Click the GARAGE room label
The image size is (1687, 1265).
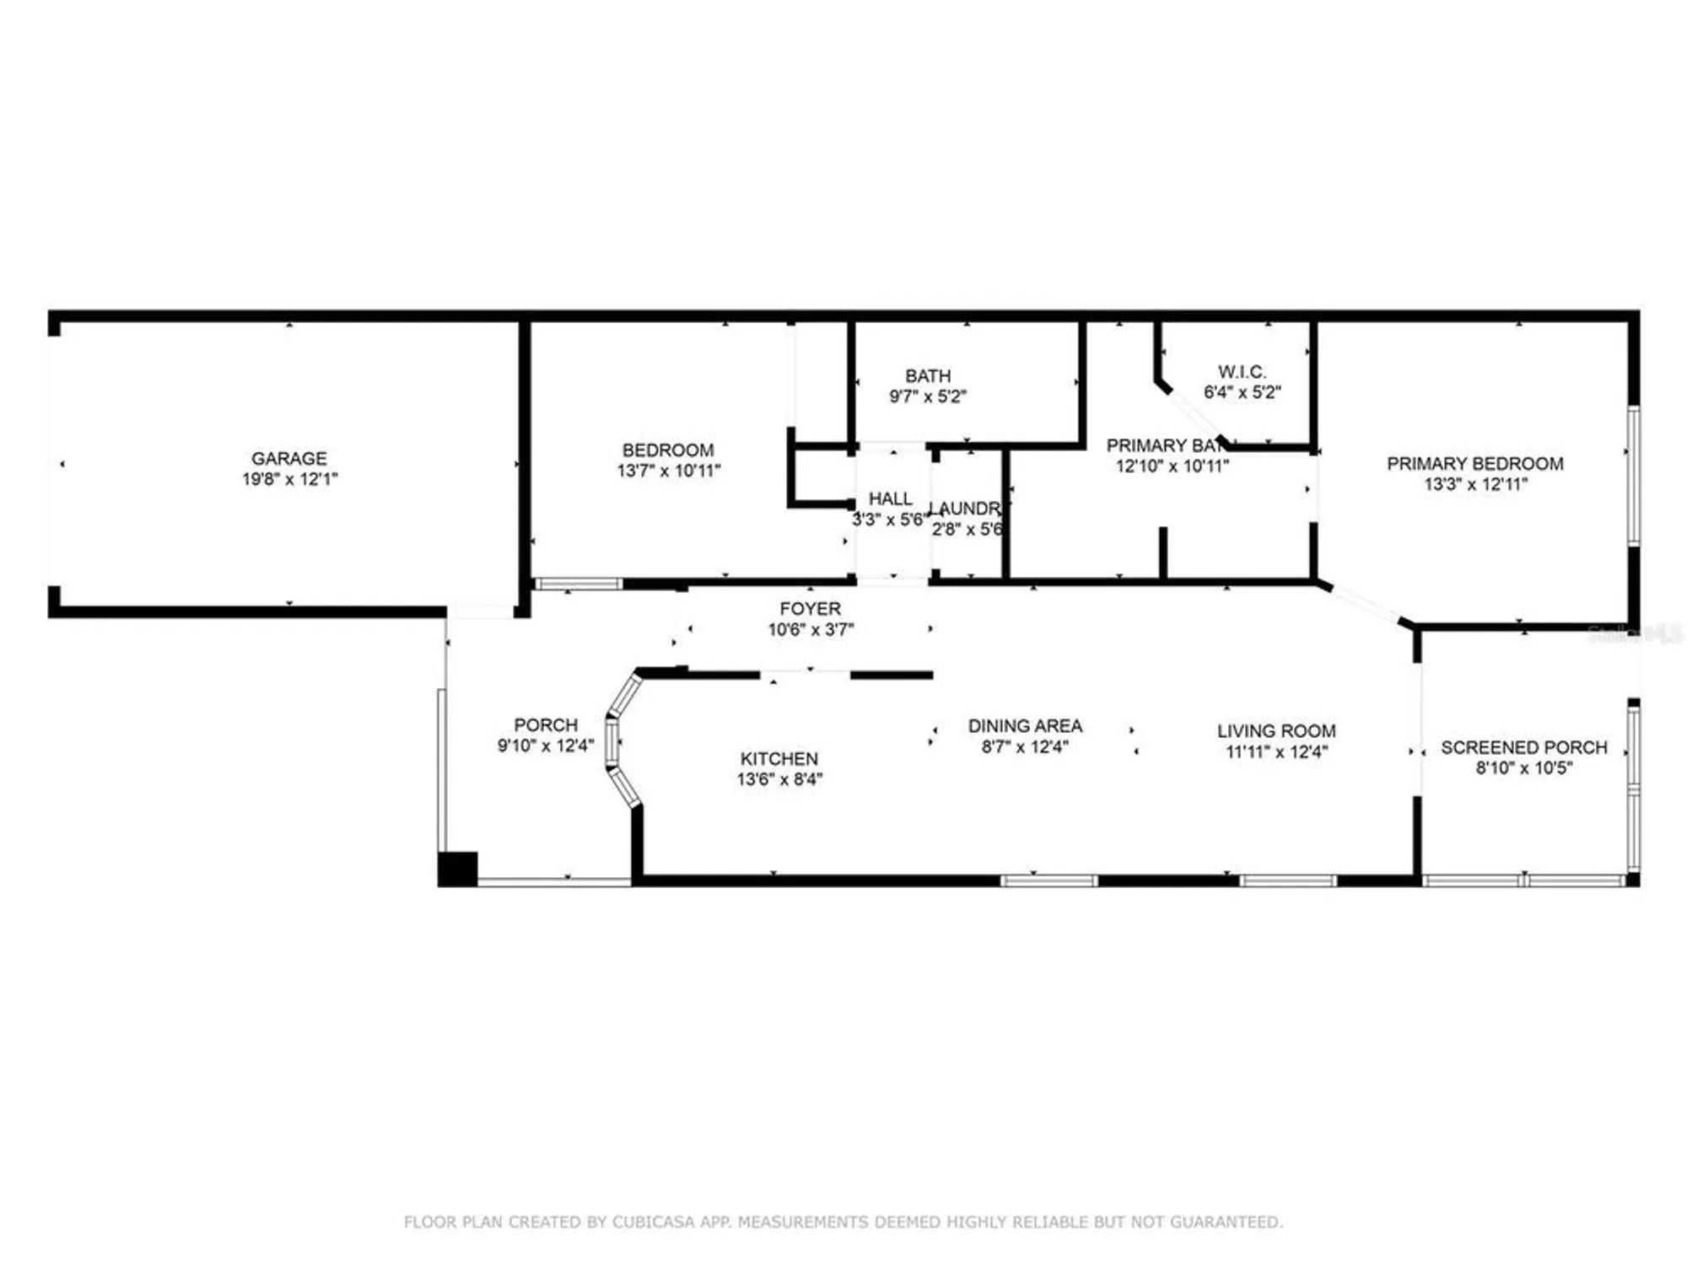click(288, 458)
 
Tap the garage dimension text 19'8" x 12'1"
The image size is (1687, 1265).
click(289, 479)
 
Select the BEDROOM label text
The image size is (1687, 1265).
click(667, 449)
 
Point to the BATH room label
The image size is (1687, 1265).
click(928, 375)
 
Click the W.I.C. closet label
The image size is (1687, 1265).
click(1242, 371)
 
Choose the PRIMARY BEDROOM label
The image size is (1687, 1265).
click(1474, 463)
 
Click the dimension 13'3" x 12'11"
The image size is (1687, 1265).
click(1474, 484)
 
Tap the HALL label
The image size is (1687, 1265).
click(890, 498)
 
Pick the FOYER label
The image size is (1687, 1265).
click(810, 608)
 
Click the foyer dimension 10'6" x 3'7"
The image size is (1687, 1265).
click(810, 629)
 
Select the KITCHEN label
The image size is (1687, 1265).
click(779, 758)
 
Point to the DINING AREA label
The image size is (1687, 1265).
click(1024, 725)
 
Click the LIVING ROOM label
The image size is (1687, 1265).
click(1275, 730)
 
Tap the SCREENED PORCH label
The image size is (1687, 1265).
click(1523, 747)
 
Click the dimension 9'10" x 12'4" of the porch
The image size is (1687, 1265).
click(545, 746)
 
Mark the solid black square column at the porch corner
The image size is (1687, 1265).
click(457, 869)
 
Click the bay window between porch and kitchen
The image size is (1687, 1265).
click(614, 742)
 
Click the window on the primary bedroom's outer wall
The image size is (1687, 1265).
click(1633, 475)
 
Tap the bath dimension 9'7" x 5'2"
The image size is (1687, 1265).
click(928, 396)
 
